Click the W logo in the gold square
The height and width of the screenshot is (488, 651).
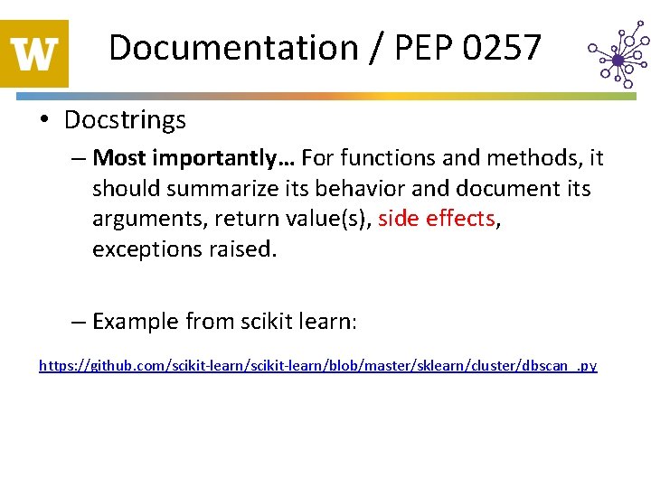pos(34,54)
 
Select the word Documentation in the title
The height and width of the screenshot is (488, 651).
pos(233,47)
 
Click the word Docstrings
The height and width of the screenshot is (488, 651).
pos(125,119)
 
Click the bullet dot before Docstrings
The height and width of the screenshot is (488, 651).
pos(46,120)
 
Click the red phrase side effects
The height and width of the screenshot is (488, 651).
pos(437,219)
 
